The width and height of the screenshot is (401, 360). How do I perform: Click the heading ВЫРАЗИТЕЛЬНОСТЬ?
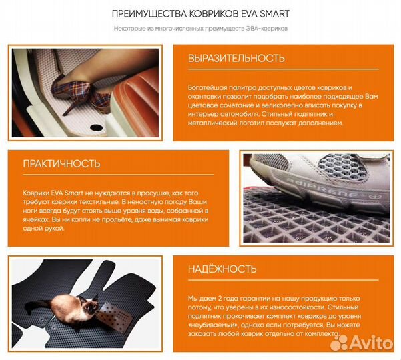pos(236,58)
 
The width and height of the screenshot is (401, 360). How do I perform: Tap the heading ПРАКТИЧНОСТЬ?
pos(61,164)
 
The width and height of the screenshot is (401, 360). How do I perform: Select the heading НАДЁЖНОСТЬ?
pos(222,269)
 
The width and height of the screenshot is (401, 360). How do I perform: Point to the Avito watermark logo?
pos(362,343)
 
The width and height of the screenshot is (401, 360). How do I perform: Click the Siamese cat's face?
pos(89,304)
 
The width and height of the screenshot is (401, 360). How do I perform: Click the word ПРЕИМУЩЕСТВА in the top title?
pos(149,14)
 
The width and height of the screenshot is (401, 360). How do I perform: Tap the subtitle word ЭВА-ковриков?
pos(267,29)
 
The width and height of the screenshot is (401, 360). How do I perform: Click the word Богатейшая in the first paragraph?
pos(208,87)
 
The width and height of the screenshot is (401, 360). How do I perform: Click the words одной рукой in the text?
pos(43,229)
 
